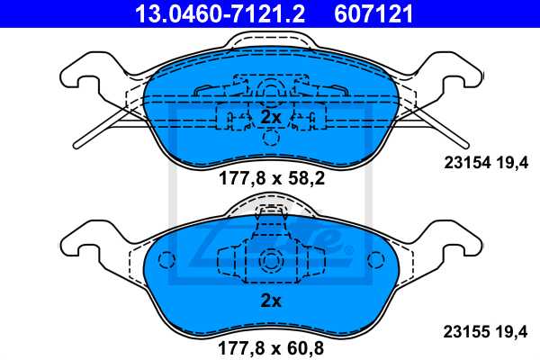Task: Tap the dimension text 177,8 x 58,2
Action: tap(270, 179)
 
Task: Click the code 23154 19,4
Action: tap(491, 163)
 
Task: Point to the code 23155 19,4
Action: tap(491, 328)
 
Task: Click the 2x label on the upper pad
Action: tap(271, 118)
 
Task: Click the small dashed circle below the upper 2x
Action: tap(271, 138)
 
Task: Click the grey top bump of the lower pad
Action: tap(271, 208)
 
